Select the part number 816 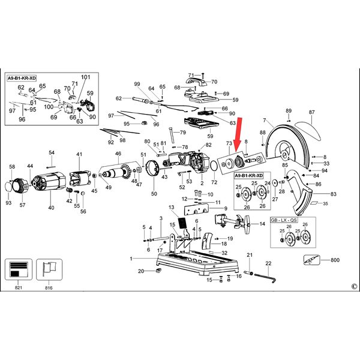pyautogui.click(x=49, y=289)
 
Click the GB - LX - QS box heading pyautogui.click(x=284, y=220)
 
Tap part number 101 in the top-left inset pyautogui.click(x=85, y=77)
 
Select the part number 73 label pyautogui.click(x=229, y=144)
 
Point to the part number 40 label pyautogui.click(x=51, y=208)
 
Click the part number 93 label pyautogui.click(x=8, y=203)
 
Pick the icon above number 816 pyautogui.click(x=49, y=269)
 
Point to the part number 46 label pyautogui.click(x=118, y=154)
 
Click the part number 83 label pyautogui.click(x=334, y=194)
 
